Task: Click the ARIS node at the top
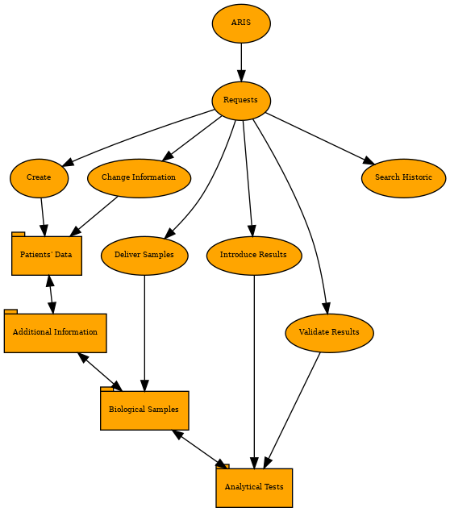click(241, 23)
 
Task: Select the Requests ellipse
click(241, 101)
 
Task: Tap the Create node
click(40, 178)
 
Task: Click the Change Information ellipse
click(140, 178)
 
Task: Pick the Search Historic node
click(403, 178)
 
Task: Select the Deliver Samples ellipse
click(144, 256)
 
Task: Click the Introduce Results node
click(254, 256)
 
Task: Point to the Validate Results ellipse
click(330, 333)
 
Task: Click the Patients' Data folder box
click(47, 256)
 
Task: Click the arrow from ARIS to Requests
click(241, 62)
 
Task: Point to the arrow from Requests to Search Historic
click(321, 139)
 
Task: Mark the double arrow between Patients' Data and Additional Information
click(51, 294)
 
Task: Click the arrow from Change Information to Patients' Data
click(94, 216)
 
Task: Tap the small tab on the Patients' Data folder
click(18, 234)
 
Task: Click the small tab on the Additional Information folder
click(10, 311)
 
